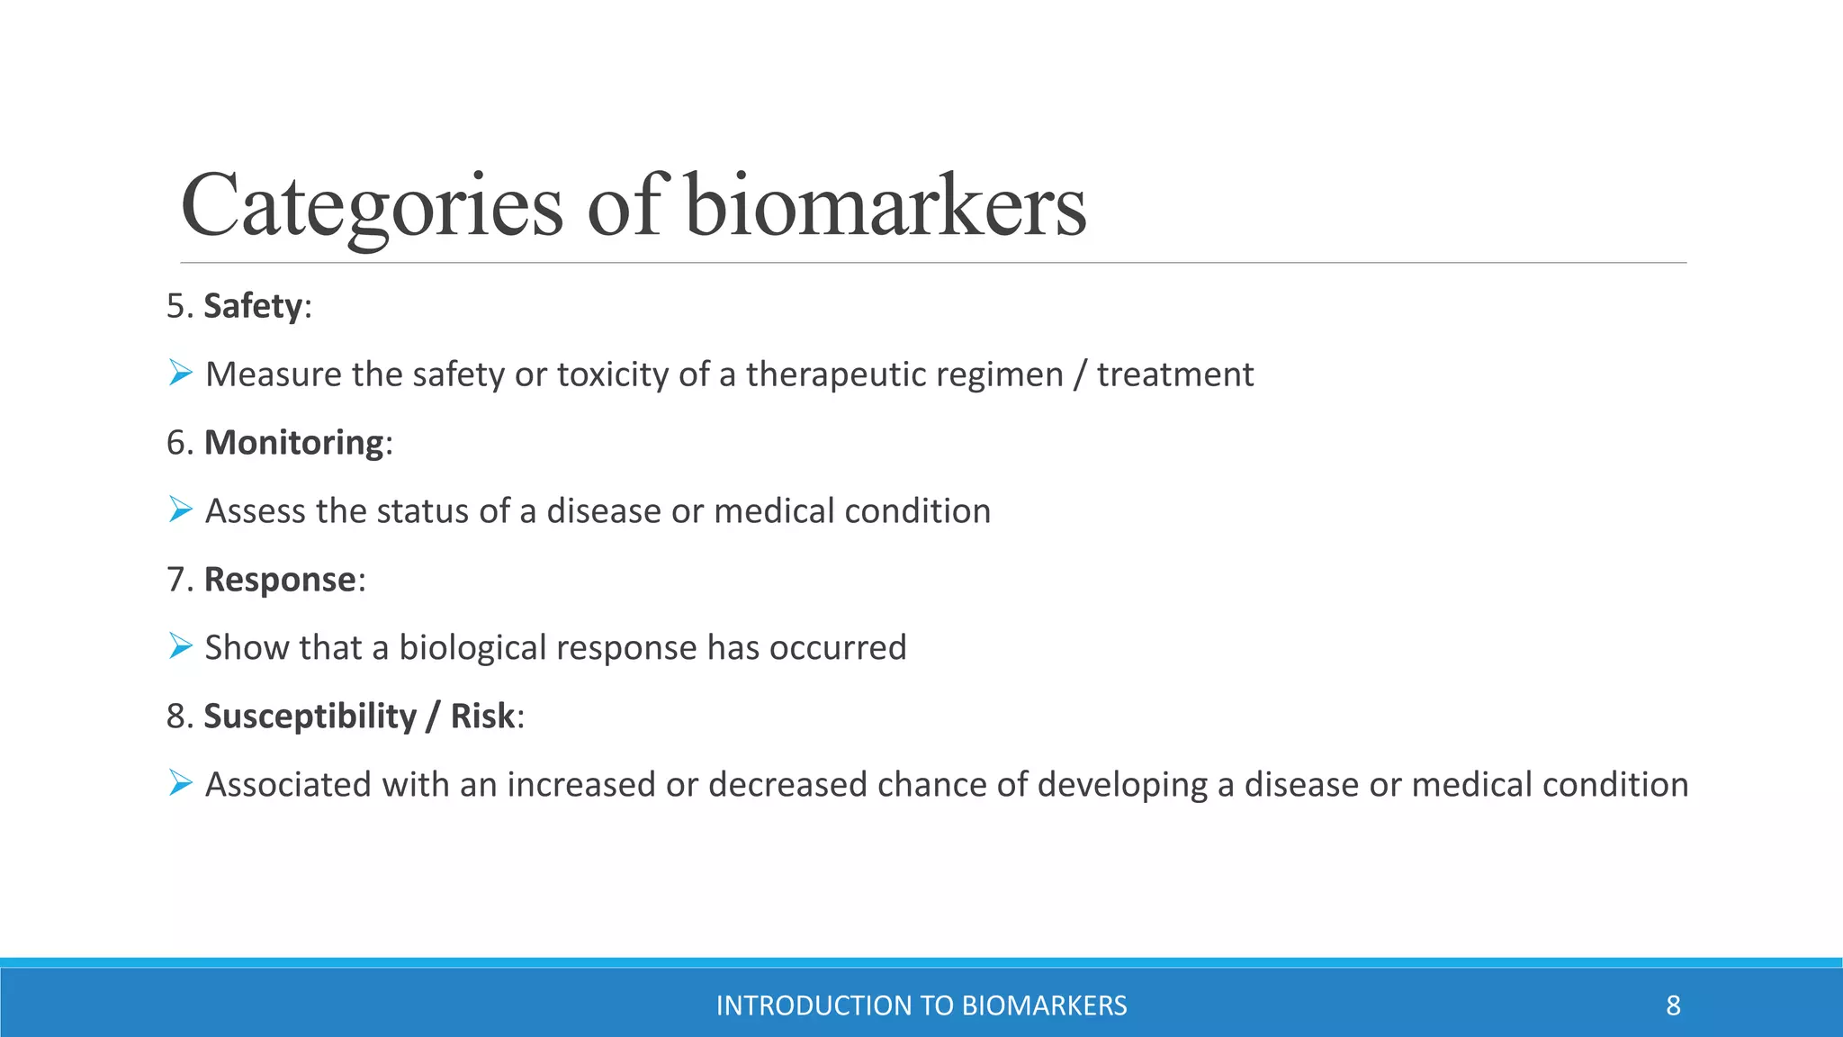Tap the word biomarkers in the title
pos(885,207)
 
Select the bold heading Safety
pos(253,306)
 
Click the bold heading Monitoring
pos(294,443)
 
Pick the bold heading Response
pos(280,580)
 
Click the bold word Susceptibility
pos(310,717)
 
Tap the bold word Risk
pos(482,717)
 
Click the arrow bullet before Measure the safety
pos(180,373)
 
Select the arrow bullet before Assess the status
pos(180,509)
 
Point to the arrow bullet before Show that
pos(180,646)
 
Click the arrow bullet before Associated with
pos(180,783)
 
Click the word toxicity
pos(612,374)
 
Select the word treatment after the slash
pos(1174,374)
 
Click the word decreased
pos(787,785)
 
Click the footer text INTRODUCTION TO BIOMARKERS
pos(921,1005)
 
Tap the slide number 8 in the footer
pos(1673,1005)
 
